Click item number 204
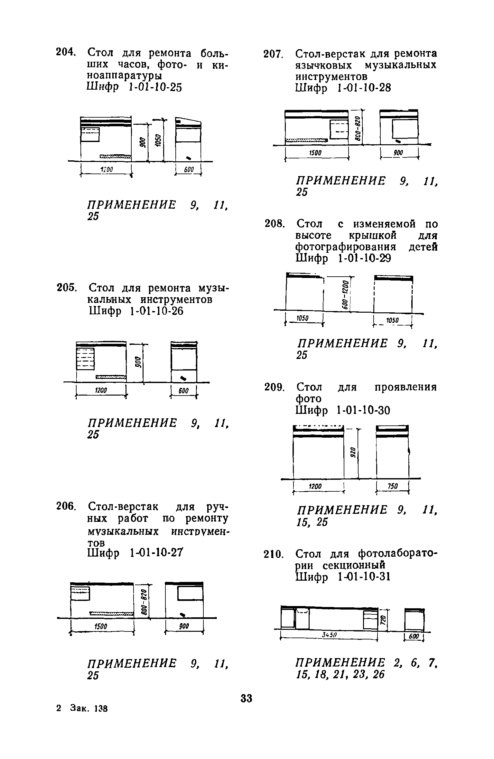65,52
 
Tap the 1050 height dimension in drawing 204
157,141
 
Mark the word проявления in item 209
406,387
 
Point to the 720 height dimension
382,619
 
